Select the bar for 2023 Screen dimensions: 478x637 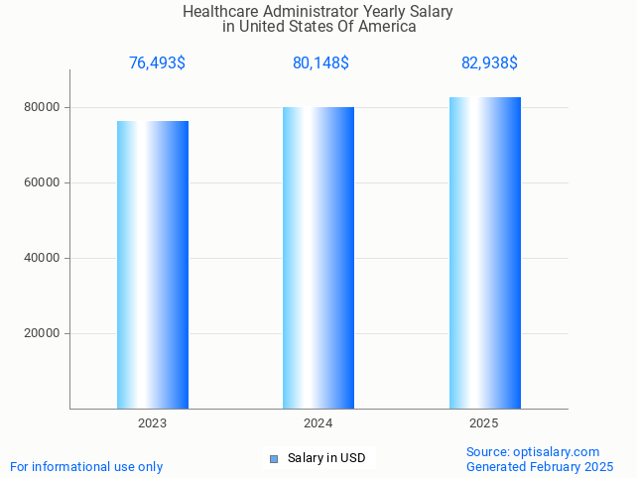pyautogui.click(x=153, y=265)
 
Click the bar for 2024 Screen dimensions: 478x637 pyautogui.click(x=318, y=258)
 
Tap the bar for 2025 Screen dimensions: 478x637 pyautogui.click(x=484, y=253)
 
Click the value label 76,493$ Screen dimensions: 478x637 pyautogui.click(x=157, y=63)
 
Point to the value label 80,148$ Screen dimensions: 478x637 pyautogui.click(x=320, y=63)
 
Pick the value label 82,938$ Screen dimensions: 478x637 pyautogui.click(x=489, y=63)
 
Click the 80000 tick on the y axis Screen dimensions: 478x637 pyautogui.click(x=43, y=107)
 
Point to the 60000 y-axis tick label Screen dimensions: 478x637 pyautogui.click(x=43, y=182)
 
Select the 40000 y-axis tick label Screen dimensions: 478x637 pyautogui.click(x=43, y=258)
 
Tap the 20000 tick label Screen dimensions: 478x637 pyautogui.click(x=43, y=333)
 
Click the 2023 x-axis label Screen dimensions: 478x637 pyautogui.click(x=152, y=423)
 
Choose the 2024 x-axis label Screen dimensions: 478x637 pyautogui.click(x=318, y=423)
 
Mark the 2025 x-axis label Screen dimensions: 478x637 pyautogui.click(x=483, y=423)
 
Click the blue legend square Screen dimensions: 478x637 pyautogui.click(x=275, y=458)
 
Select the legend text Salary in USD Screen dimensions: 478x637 pyautogui.click(x=326, y=458)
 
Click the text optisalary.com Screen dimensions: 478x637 pyautogui.click(x=557, y=452)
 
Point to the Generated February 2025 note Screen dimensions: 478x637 pyautogui.click(x=540, y=466)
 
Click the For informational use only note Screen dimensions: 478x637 pyautogui.click(x=86, y=466)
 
